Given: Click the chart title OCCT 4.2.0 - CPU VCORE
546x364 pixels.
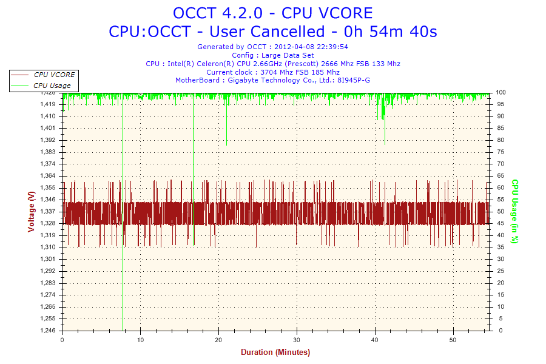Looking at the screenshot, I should (272, 13).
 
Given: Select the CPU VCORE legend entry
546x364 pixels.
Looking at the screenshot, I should (54, 75).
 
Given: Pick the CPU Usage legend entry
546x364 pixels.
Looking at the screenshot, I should (52, 86).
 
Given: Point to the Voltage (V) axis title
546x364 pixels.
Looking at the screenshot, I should (31, 211).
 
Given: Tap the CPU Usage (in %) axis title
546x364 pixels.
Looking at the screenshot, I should (514, 211).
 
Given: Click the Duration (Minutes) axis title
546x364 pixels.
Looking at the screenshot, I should (275, 352).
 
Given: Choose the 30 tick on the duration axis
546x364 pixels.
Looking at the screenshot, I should (297, 340).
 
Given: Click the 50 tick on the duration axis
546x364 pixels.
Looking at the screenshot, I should (453, 340).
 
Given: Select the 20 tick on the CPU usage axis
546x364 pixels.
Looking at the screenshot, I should (500, 283).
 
